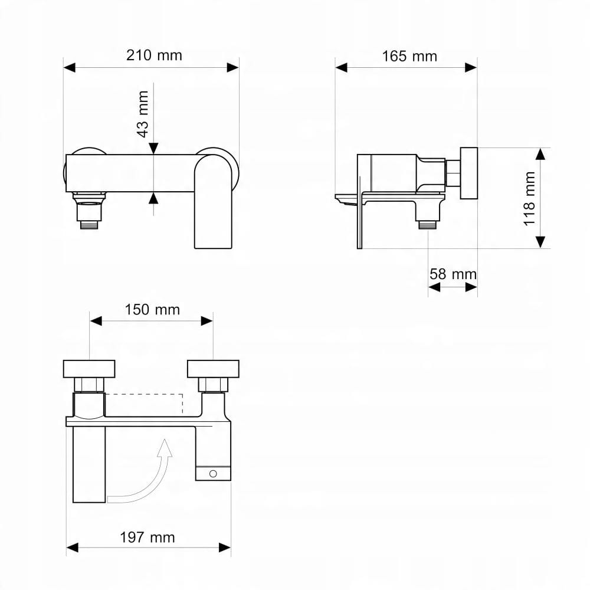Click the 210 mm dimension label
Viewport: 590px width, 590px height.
point(154,55)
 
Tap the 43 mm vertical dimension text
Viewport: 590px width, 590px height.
point(143,114)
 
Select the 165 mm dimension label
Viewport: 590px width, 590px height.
point(409,57)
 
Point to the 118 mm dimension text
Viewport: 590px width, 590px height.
point(529,199)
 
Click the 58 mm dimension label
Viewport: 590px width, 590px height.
point(453,274)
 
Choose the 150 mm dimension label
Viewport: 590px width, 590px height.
point(152,310)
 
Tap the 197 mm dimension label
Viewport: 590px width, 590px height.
point(147,537)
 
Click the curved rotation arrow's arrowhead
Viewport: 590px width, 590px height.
point(165,448)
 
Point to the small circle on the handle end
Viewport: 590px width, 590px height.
point(213,474)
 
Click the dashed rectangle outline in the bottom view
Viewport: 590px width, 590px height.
point(144,394)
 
